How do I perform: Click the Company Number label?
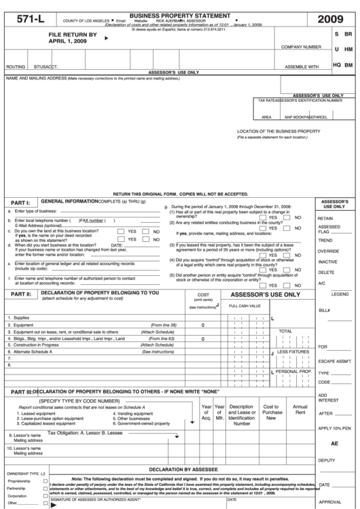pos(301,47)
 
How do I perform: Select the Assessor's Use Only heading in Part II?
pos(265,296)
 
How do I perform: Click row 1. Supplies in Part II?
pos(19,317)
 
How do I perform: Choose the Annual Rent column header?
pos(300,410)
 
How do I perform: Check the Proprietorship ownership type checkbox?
pos(46,480)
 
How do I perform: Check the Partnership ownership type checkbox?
pos(46,489)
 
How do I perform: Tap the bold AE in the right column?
pos(334,443)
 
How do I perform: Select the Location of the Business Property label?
pos(278,130)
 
